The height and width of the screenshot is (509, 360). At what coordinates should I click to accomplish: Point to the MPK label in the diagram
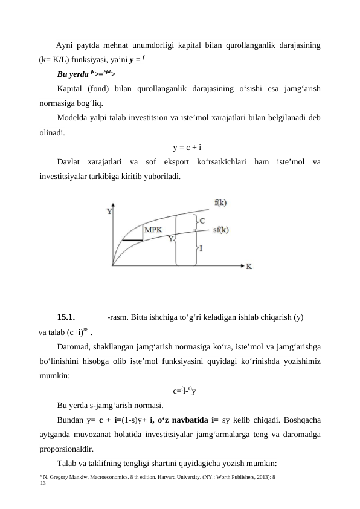pos(153,230)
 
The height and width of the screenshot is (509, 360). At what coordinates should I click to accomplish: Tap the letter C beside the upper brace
pos(202,222)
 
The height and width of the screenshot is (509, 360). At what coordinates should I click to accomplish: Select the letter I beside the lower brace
pos(201,248)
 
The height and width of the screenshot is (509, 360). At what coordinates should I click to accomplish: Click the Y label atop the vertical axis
pos(109,212)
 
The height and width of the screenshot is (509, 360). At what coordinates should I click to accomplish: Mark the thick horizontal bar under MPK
pos(132,240)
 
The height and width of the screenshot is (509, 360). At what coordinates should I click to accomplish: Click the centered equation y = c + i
pos(187,147)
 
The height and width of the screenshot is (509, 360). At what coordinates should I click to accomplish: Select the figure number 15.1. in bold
pos(65,317)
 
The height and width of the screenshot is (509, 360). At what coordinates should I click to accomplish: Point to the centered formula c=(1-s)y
pos(187,390)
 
